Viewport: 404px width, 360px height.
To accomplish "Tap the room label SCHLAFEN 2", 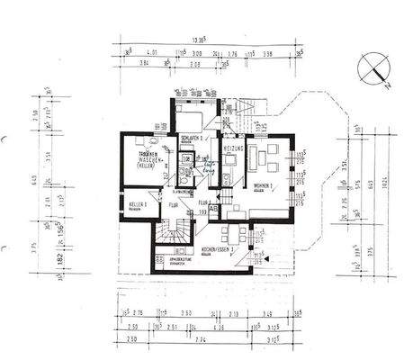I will tap(195, 138).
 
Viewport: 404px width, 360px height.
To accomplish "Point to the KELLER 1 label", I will tap(137, 205).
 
